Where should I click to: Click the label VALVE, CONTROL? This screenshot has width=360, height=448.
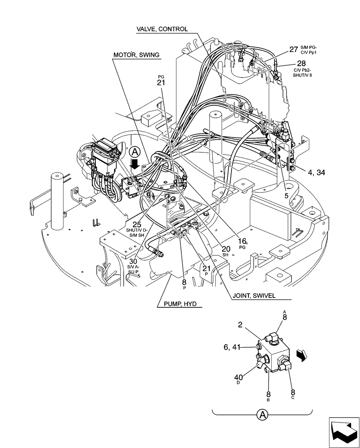tap(162, 30)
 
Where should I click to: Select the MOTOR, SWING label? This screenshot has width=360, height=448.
tap(136, 55)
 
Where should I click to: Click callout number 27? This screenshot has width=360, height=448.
tap(293, 50)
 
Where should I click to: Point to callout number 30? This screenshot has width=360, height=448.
tap(134, 261)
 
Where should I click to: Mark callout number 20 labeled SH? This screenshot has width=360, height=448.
tap(226, 249)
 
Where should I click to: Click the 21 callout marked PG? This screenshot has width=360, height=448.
tap(161, 83)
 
